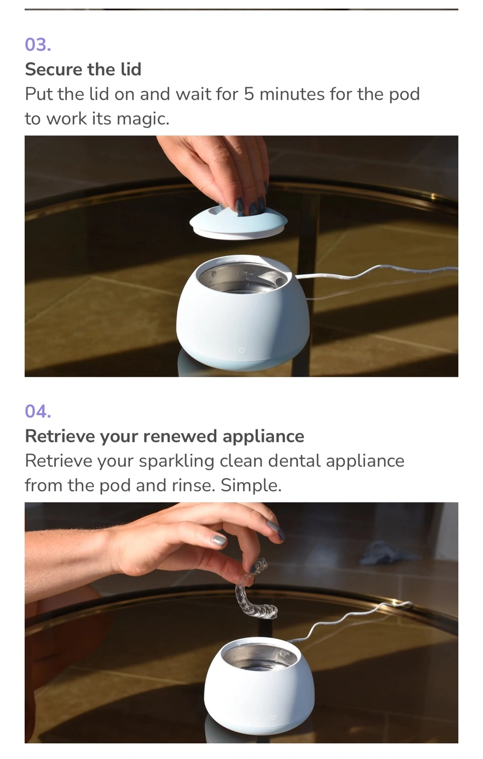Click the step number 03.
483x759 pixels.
pyautogui.click(x=38, y=45)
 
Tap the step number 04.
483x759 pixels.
pyautogui.click(x=38, y=411)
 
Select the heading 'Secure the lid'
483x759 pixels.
pyautogui.click(x=83, y=70)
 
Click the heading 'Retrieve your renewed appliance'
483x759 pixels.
pyautogui.click(x=165, y=436)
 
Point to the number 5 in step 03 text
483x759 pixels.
pyautogui.click(x=248, y=94)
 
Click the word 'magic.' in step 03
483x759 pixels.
pyautogui.click(x=143, y=119)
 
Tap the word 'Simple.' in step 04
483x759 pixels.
pyautogui.click(x=251, y=485)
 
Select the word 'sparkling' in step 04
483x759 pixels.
pyautogui.click(x=176, y=461)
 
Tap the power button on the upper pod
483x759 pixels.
pyautogui.click(x=242, y=350)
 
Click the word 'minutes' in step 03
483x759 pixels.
pyautogui.click(x=292, y=94)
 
